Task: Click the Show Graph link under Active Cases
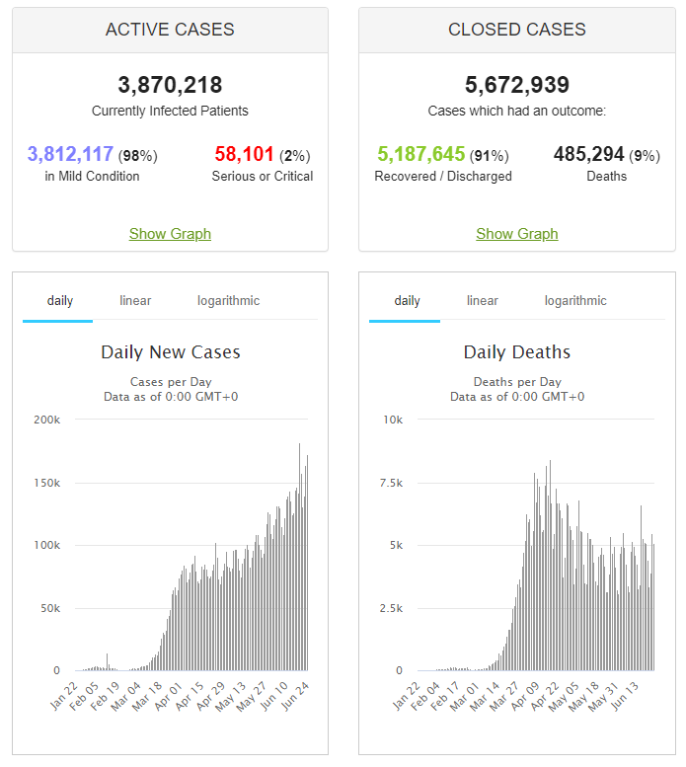(170, 234)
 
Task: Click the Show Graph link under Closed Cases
(516, 234)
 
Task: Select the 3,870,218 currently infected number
(170, 85)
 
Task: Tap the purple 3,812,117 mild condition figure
(70, 154)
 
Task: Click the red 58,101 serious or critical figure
(244, 154)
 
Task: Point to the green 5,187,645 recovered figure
(420, 154)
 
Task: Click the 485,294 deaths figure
(589, 154)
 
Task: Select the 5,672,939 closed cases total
(516, 85)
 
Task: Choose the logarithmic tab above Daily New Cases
(228, 300)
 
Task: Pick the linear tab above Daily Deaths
(483, 300)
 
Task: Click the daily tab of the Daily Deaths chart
(407, 300)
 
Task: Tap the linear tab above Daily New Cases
(135, 300)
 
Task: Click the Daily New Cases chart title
(170, 352)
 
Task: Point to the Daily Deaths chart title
(516, 352)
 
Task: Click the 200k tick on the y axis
(46, 420)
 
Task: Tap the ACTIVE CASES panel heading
(170, 30)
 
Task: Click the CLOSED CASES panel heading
(516, 30)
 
